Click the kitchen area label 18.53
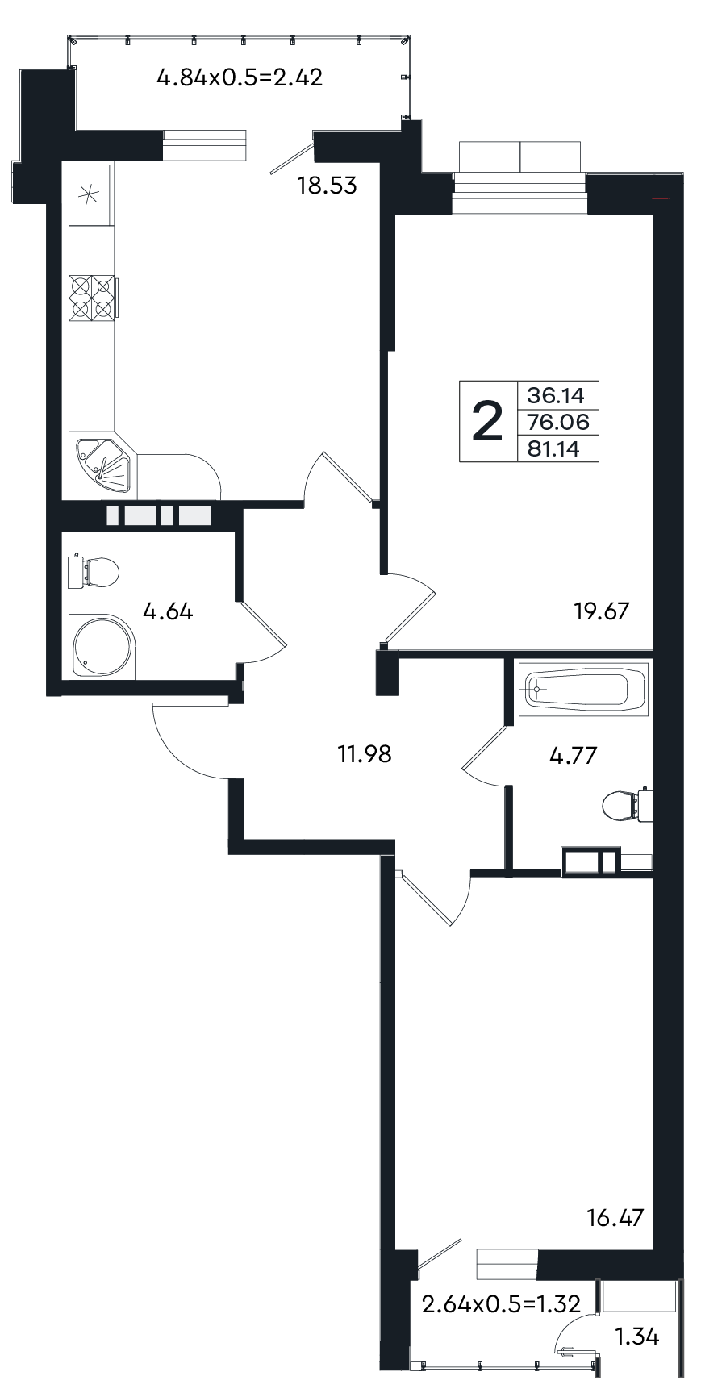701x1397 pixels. (x=327, y=186)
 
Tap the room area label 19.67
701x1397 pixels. (x=601, y=611)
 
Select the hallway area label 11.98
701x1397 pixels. (x=365, y=754)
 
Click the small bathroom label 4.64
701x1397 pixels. (x=168, y=611)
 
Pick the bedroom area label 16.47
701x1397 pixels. (x=616, y=1217)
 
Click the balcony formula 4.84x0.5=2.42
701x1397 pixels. (x=240, y=78)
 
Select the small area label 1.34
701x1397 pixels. (x=637, y=1338)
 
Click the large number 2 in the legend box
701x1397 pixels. (x=486, y=422)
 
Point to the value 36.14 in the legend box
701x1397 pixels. (x=557, y=395)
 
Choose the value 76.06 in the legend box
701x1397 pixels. (x=557, y=422)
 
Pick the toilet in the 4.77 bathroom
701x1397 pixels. (x=626, y=804)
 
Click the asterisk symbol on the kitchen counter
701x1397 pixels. (x=90, y=194)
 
